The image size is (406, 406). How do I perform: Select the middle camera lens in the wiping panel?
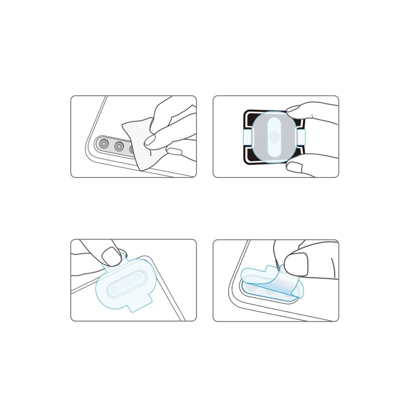(x=119, y=146)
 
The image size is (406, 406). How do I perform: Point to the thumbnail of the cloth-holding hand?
(x=175, y=152)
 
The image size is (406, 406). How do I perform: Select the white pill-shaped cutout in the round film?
(x=274, y=137)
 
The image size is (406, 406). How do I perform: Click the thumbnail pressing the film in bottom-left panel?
(x=109, y=256)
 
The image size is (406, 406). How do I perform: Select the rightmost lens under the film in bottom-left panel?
(x=139, y=276)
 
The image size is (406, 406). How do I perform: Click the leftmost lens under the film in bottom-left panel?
(x=114, y=289)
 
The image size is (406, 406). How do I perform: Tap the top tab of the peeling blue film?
(x=271, y=269)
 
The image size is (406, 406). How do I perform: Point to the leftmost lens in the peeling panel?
(x=252, y=287)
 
